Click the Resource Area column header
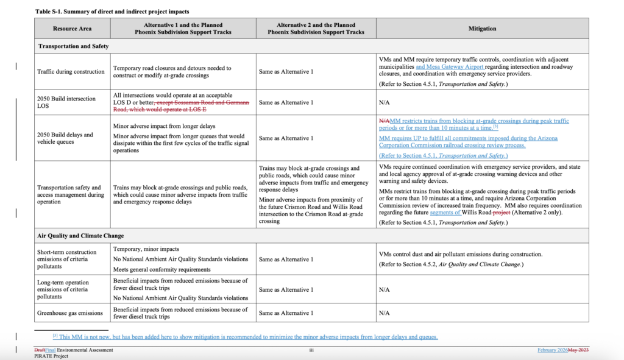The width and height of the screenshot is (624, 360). point(73,28)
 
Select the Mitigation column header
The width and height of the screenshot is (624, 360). point(482,28)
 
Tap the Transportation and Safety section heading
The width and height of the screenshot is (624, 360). point(73,46)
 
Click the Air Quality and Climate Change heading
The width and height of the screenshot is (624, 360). point(81,236)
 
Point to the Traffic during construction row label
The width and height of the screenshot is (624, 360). point(71,71)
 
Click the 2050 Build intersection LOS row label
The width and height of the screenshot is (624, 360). point(66,102)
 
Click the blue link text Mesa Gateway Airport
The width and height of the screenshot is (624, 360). point(450,66)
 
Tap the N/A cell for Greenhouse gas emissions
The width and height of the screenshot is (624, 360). point(384,312)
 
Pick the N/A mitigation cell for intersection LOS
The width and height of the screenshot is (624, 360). point(384,102)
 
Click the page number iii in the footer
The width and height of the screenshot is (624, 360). point(311,350)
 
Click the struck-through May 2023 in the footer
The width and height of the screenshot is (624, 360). point(578,350)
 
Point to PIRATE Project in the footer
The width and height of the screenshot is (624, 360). point(52,356)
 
